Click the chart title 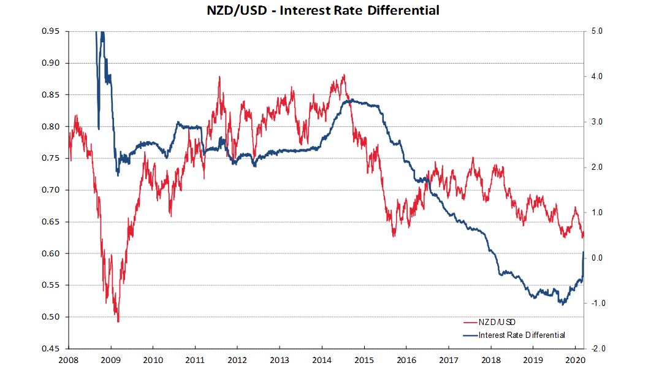point(322,10)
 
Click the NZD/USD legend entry point(501,321)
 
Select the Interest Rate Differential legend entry point(522,335)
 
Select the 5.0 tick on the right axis point(596,31)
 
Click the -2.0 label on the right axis point(595,348)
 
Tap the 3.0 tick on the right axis point(596,122)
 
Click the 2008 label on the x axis point(69,359)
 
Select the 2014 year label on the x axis point(322,359)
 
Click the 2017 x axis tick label point(449,359)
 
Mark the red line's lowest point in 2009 point(118,321)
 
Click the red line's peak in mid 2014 point(344,75)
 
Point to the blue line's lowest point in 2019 point(560,304)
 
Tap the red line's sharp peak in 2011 point(219,77)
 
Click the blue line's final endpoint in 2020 point(583,251)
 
